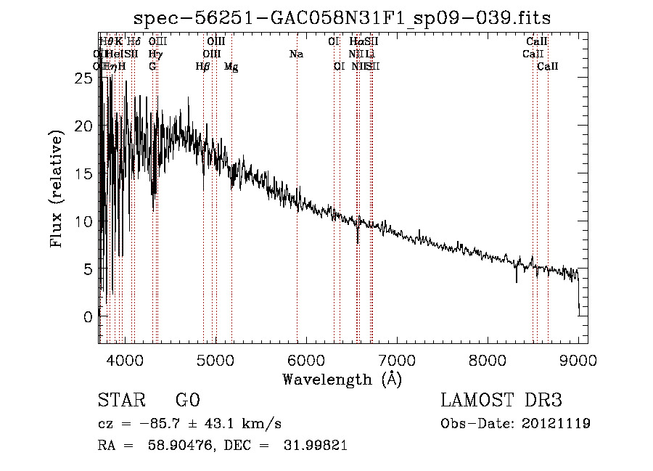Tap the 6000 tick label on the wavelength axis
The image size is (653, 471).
306,361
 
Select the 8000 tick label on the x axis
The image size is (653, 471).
488,361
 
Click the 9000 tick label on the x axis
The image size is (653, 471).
578,361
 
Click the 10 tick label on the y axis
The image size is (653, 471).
84,221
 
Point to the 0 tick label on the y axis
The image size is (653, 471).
89,316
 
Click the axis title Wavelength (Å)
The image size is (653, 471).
342,379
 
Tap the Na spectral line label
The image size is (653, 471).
296,54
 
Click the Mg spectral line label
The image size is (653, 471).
231,67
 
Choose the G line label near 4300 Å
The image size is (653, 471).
152,67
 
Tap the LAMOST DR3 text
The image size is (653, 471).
501,401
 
